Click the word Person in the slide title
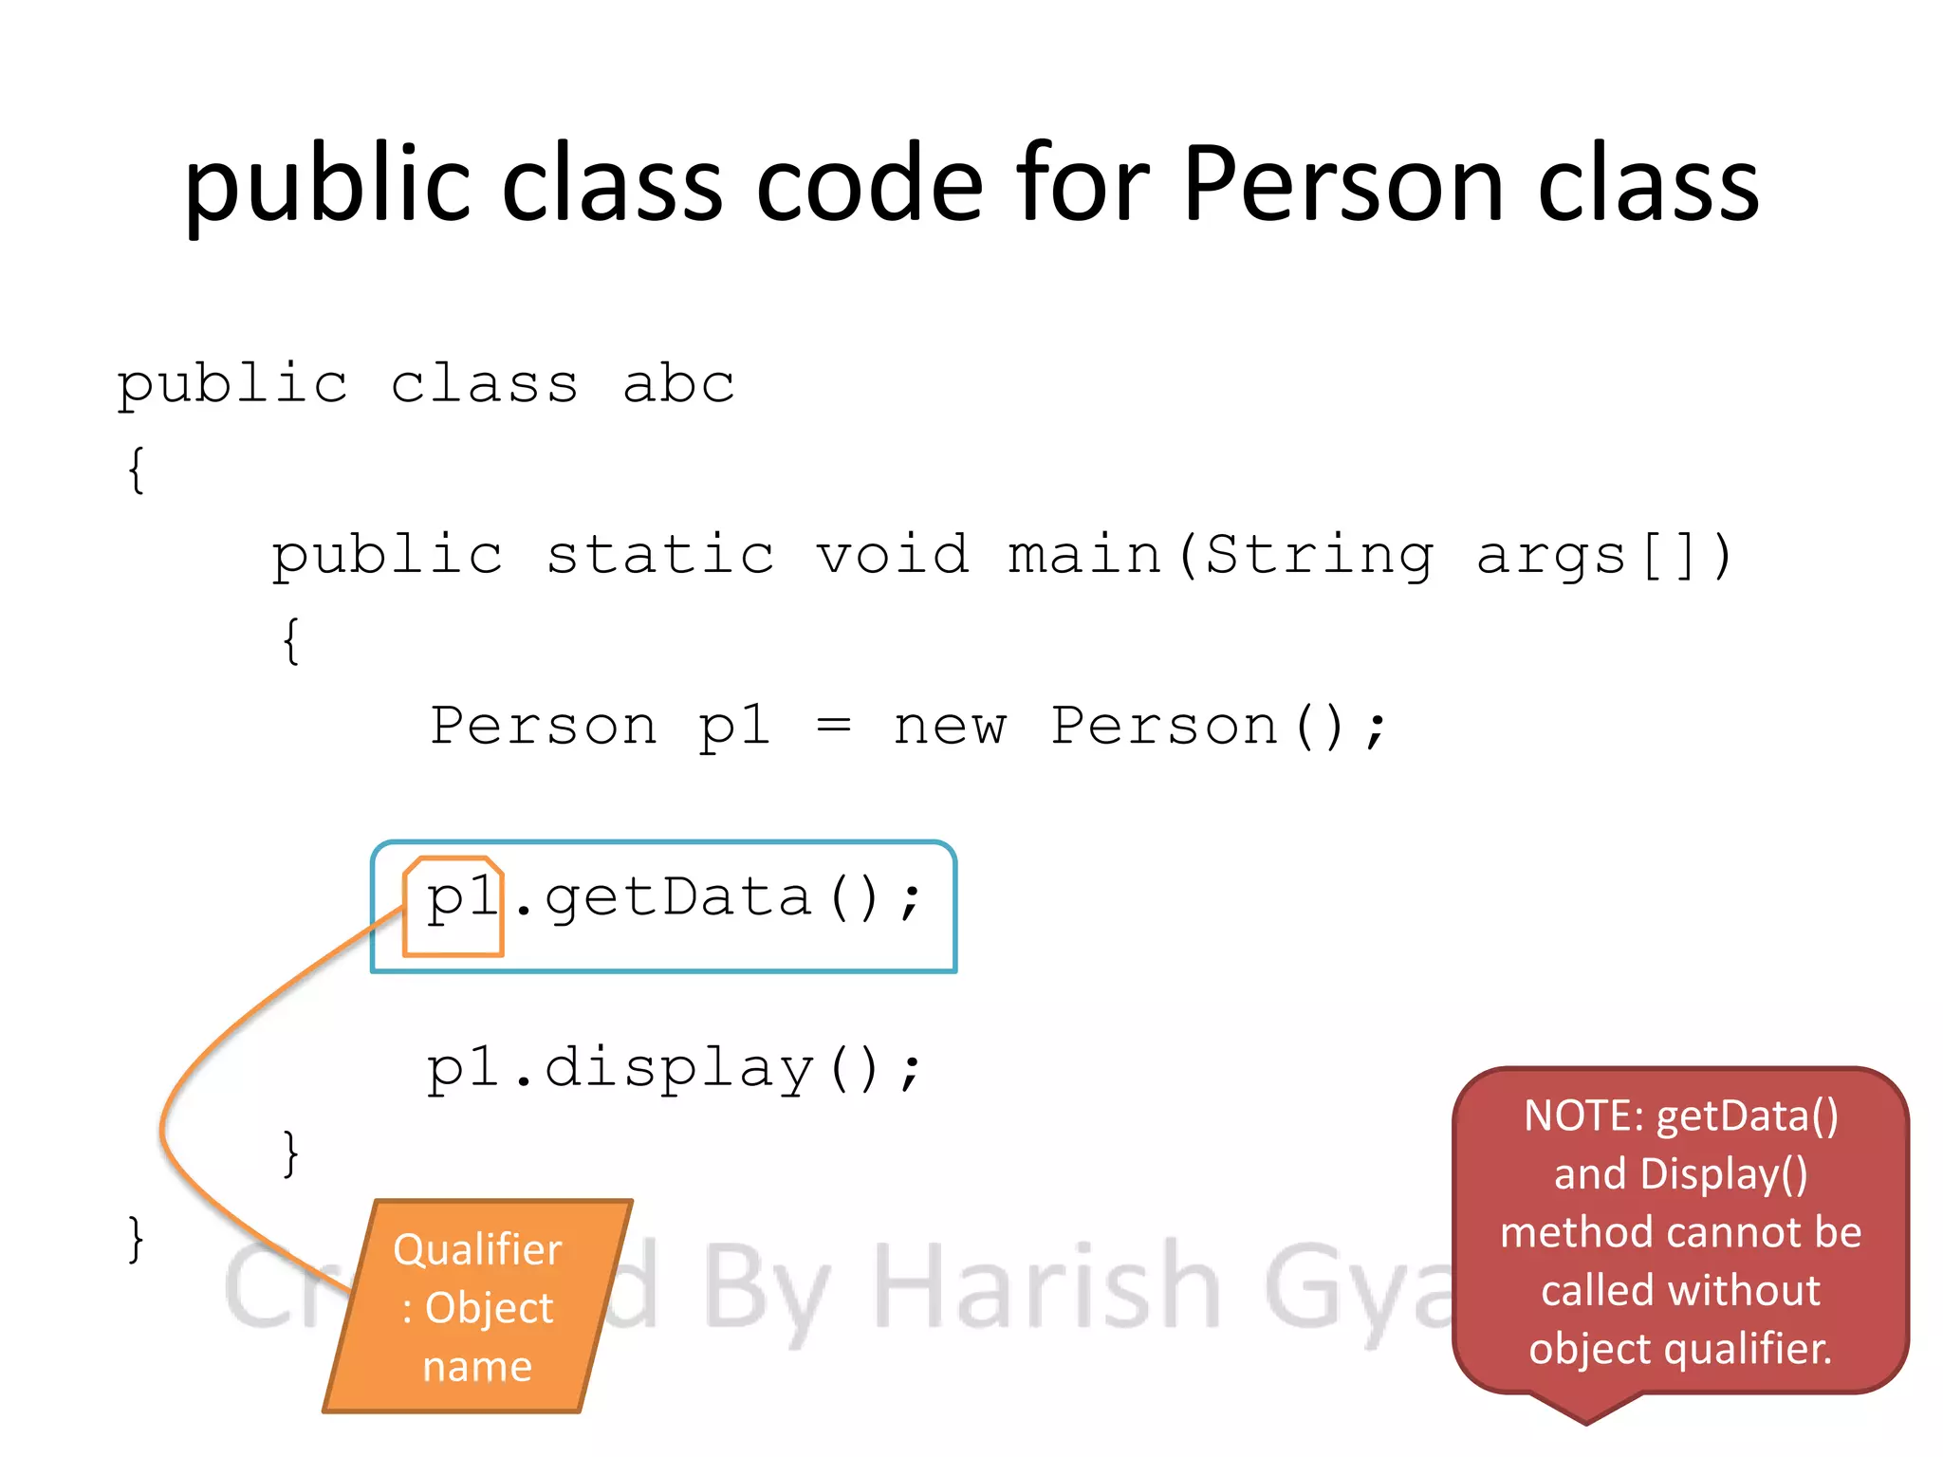[1343, 184]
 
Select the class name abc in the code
[678, 385]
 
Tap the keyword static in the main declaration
[660, 556]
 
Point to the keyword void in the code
[893, 556]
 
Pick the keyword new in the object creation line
[949, 728]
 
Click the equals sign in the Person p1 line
[834, 728]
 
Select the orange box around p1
[453, 907]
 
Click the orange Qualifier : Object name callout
[477, 1307]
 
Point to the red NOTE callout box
[1680, 1233]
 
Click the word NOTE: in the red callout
[1583, 1116]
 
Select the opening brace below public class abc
[137, 470]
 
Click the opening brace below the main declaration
[291, 641]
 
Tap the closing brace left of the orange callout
[137, 1239]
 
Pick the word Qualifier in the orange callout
[477, 1250]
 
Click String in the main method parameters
[1319, 556]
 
